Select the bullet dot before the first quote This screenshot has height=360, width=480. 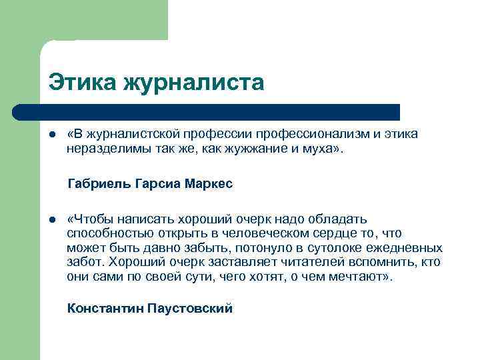(51, 135)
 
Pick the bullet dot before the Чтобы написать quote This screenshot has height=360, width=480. (51, 219)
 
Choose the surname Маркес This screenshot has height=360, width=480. (209, 183)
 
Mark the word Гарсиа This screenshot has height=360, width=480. (157, 183)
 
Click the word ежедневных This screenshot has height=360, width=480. (409, 248)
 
